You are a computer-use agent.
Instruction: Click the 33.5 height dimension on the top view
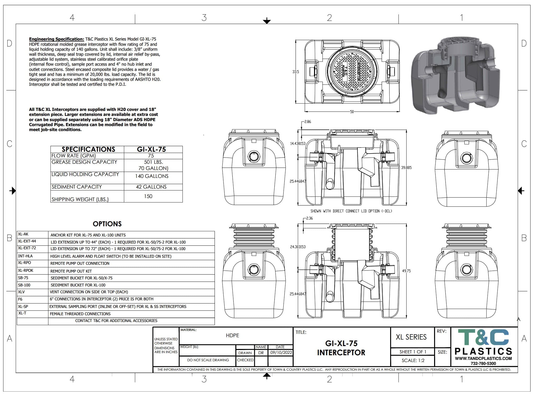click(x=295, y=72)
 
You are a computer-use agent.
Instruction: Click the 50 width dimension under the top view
click(x=352, y=112)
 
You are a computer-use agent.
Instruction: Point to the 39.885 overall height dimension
click(x=406, y=167)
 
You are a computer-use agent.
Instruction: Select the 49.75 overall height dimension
click(x=406, y=271)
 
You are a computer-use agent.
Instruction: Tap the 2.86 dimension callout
click(x=308, y=122)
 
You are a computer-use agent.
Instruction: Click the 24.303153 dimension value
click(x=298, y=247)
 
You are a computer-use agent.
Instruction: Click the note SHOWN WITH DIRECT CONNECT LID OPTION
click(x=351, y=211)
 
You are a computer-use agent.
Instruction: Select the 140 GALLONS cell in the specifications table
click(x=152, y=176)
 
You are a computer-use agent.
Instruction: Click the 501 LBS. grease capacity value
click(x=153, y=162)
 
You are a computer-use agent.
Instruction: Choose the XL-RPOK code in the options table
click(x=26, y=270)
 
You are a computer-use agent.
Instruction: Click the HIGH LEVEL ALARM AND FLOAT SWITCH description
click(x=111, y=256)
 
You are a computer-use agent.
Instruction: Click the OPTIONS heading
click(x=107, y=224)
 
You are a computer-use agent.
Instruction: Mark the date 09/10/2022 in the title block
click(x=281, y=352)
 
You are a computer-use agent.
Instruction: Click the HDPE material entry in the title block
click(x=232, y=335)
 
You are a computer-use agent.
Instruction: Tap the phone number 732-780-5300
click(x=483, y=363)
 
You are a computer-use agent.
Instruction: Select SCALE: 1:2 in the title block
click(x=413, y=360)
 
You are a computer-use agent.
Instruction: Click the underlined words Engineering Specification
click(x=56, y=39)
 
